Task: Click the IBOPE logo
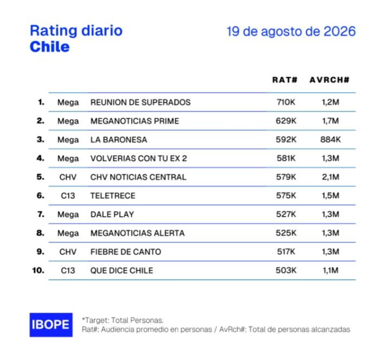[51, 325]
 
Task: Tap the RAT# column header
[285, 80]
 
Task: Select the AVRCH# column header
[330, 80]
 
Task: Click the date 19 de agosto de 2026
[291, 31]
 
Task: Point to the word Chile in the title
[50, 47]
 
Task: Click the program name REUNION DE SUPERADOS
[140, 102]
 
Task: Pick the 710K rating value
[286, 102]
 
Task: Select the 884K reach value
[331, 139]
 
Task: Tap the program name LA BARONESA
[119, 140]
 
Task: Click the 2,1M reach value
[331, 177]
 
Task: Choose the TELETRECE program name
[113, 196]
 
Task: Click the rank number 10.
[38, 271]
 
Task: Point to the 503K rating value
[286, 271]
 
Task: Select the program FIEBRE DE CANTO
[126, 252]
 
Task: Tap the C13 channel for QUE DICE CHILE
[68, 271]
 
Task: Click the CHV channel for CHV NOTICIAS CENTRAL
[68, 177]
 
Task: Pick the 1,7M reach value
[331, 121]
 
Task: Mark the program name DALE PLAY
[112, 215]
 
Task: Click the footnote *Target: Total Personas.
[122, 320]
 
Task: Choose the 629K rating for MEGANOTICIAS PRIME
[286, 121]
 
